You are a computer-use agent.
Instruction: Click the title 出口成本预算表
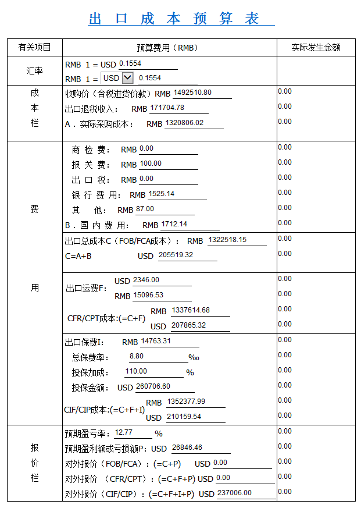pos(174,18)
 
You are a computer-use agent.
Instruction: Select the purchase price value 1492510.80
pos(192,93)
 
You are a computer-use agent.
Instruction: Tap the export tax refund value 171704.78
pos(167,108)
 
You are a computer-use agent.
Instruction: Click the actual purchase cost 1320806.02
pos(185,123)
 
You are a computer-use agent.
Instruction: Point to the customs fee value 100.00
pos(151,164)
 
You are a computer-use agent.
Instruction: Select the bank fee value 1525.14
pos(162,194)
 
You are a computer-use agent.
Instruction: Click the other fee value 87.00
pos(145,209)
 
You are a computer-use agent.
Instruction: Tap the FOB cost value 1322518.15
pos(227,240)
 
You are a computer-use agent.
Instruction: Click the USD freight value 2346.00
pos(146,280)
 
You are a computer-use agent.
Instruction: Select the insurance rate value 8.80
pos(137,356)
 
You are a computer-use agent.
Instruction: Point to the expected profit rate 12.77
pos(124,432)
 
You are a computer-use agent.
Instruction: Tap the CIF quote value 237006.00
pos(235,493)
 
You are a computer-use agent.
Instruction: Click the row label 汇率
pos(34,70)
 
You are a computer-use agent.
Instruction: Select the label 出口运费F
pos(86,288)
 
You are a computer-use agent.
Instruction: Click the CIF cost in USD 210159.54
pos(184,417)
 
